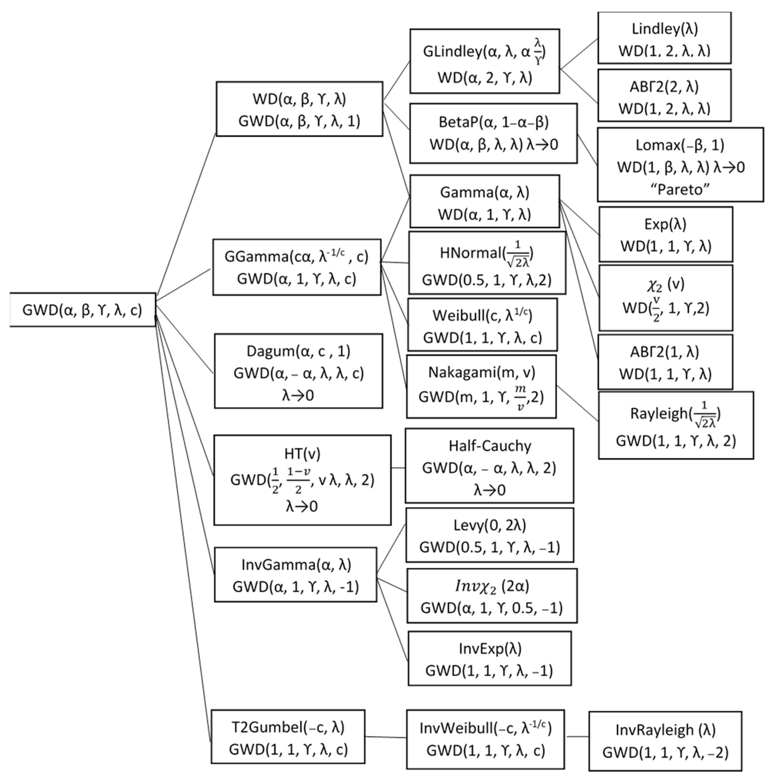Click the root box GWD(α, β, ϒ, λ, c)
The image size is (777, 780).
click(82, 310)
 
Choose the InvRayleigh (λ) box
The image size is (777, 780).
click(665, 741)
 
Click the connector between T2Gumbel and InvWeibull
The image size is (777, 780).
click(385, 737)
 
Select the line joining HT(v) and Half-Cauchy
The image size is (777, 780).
click(398, 468)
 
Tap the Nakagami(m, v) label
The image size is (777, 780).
click(481, 372)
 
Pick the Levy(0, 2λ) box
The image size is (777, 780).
click(489, 536)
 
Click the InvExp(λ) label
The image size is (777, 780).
click(490, 649)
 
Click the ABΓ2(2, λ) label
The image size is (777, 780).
click(664, 87)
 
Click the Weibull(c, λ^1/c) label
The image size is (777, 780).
click(483, 316)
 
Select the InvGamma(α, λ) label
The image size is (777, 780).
click(296, 564)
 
